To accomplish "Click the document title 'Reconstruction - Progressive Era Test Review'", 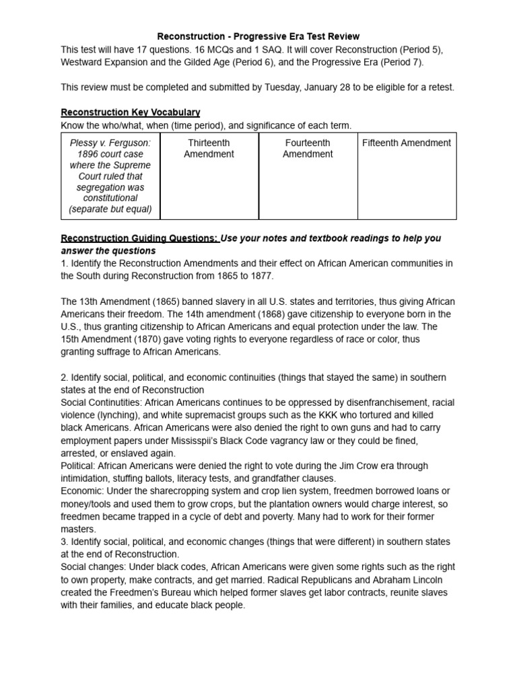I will tap(258, 36).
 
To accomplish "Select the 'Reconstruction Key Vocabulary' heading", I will tap(131, 112).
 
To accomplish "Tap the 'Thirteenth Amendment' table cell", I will tap(209, 148).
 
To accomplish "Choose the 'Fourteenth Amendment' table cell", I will tap(308, 148).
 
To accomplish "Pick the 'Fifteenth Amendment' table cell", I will tap(407, 143).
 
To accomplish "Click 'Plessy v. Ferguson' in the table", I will tap(110, 143).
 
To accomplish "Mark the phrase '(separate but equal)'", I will tap(110, 209).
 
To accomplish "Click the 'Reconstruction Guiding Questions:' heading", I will tap(139, 238).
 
